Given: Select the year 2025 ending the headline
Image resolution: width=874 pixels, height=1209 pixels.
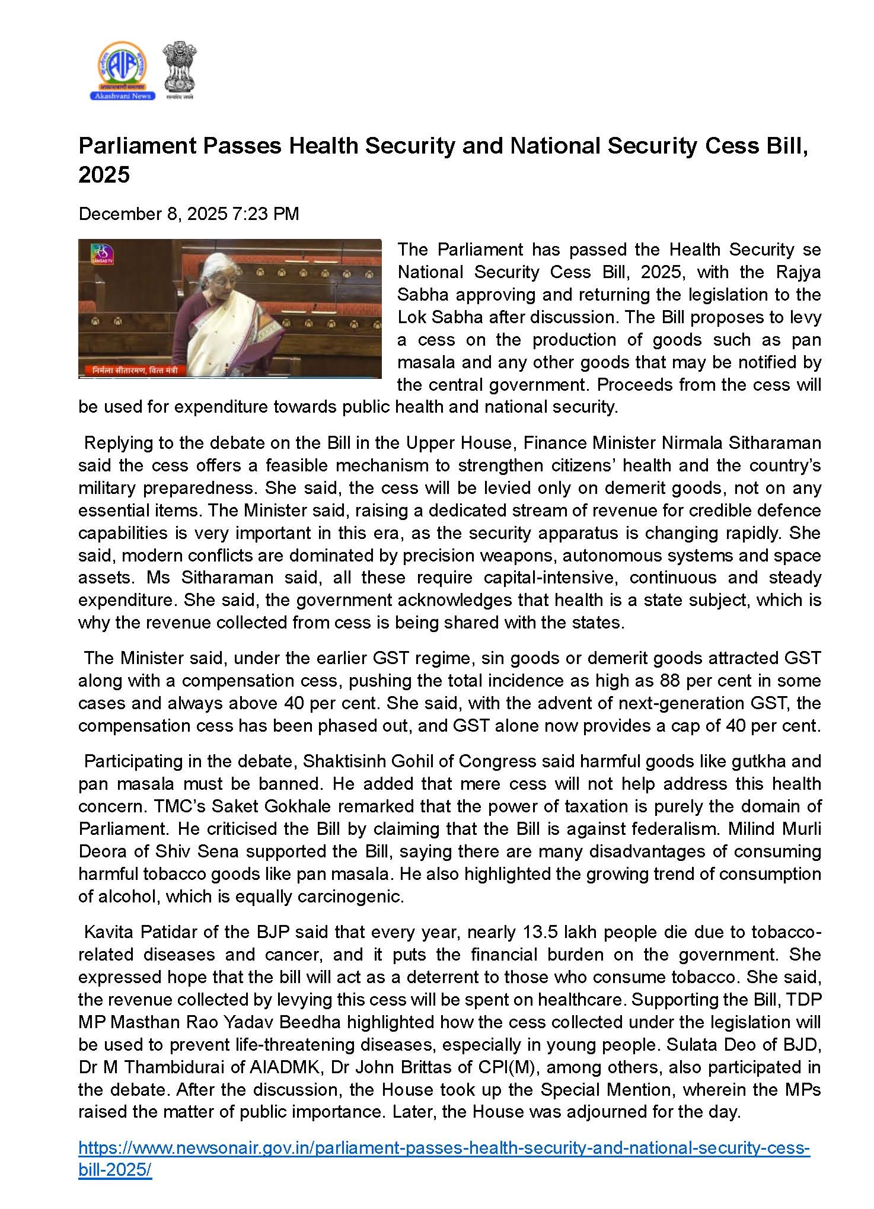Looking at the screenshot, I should [x=104, y=175].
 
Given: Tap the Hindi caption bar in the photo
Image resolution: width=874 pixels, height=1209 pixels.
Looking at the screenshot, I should [x=140, y=371].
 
